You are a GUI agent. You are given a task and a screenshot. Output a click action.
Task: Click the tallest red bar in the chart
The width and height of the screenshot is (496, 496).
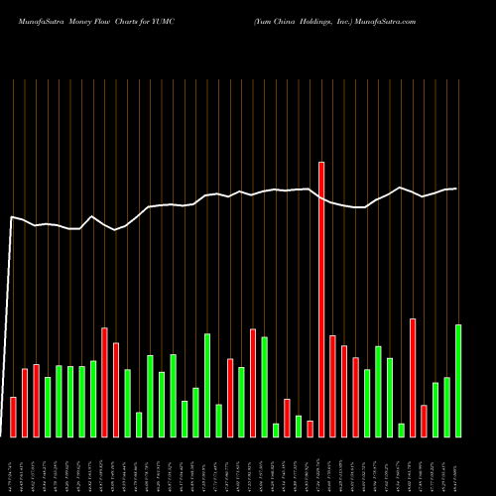[321, 298]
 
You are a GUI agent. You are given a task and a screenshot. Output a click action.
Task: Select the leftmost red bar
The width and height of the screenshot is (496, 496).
[14, 417]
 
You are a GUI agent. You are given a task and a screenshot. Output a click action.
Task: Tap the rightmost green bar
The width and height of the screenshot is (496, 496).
[458, 380]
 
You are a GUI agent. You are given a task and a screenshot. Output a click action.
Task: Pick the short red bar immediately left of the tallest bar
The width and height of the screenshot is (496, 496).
[310, 429]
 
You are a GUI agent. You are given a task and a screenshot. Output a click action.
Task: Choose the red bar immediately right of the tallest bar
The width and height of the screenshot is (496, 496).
[332, 386]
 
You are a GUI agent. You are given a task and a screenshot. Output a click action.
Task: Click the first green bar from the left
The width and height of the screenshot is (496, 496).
[48, 407]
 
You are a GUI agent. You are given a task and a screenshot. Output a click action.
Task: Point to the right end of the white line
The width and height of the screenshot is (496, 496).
[456, 188]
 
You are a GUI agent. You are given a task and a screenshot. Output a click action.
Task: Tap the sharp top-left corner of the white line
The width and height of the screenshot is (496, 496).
[12, 216]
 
